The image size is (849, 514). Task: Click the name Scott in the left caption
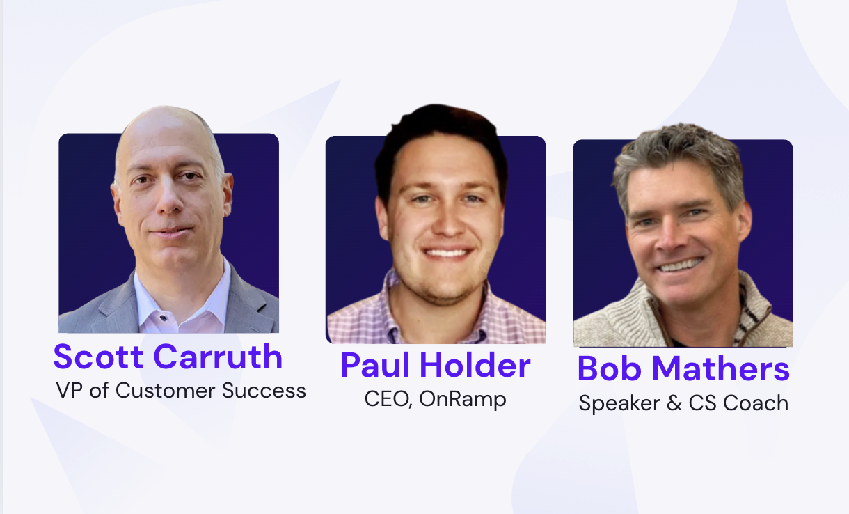pyautogui.click(x=99, y=357)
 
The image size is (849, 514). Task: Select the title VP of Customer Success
pyautogui.click(x=181, y=391)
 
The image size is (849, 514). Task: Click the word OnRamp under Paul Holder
pyautogui.click(x=463, y=399)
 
